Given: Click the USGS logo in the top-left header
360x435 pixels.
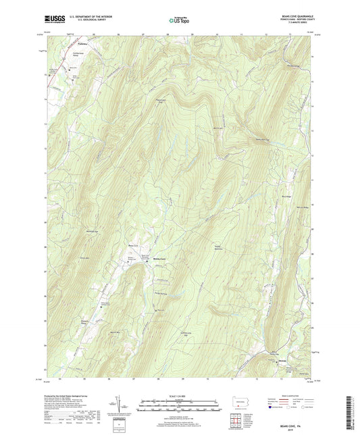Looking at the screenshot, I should tap(53, 20).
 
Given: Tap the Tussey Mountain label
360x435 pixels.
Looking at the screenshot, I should tap(217, 247).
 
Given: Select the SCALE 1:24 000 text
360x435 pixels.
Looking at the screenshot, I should tap(179, 394).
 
